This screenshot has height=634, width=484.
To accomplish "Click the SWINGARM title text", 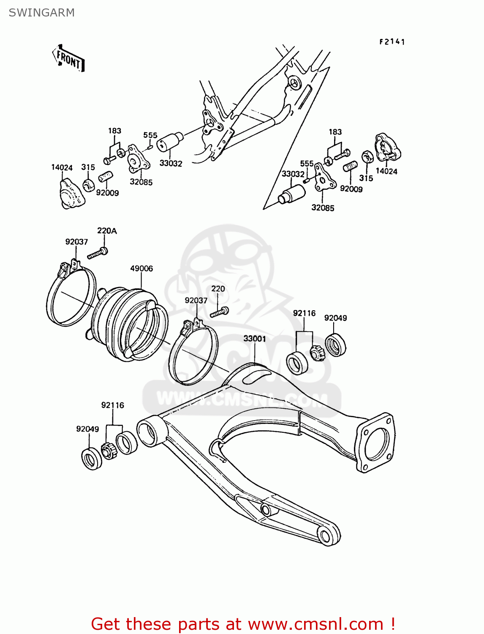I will click(x=41, y=13).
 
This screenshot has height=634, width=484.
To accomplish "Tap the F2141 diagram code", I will click(x=392, y=42).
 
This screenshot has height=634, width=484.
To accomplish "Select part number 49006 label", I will click(x=141, y=268).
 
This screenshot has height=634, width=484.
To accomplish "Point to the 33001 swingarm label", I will click(x=255, y=339).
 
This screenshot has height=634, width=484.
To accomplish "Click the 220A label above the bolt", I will click(x=107, y=231).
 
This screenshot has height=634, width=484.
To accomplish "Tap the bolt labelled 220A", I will click(x=98, y=253).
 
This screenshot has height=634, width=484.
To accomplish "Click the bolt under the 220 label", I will click(x=219, y=312).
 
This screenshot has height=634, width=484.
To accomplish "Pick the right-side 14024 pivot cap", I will click(x=387, y=148).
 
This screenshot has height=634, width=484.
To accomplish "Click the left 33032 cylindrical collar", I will click(x=170, y=142).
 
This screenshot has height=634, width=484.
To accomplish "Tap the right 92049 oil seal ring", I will click(x=336, y=344).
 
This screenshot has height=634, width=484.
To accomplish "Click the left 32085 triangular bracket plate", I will click(x=139, y=158).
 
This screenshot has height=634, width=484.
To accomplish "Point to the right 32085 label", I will click(x=323, y=208).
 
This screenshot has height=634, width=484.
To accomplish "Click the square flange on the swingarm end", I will click(x=375, y=442).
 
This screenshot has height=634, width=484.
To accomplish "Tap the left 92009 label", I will click(x=107, y=193).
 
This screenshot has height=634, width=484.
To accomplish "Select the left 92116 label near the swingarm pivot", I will click(x=112, y=405).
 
